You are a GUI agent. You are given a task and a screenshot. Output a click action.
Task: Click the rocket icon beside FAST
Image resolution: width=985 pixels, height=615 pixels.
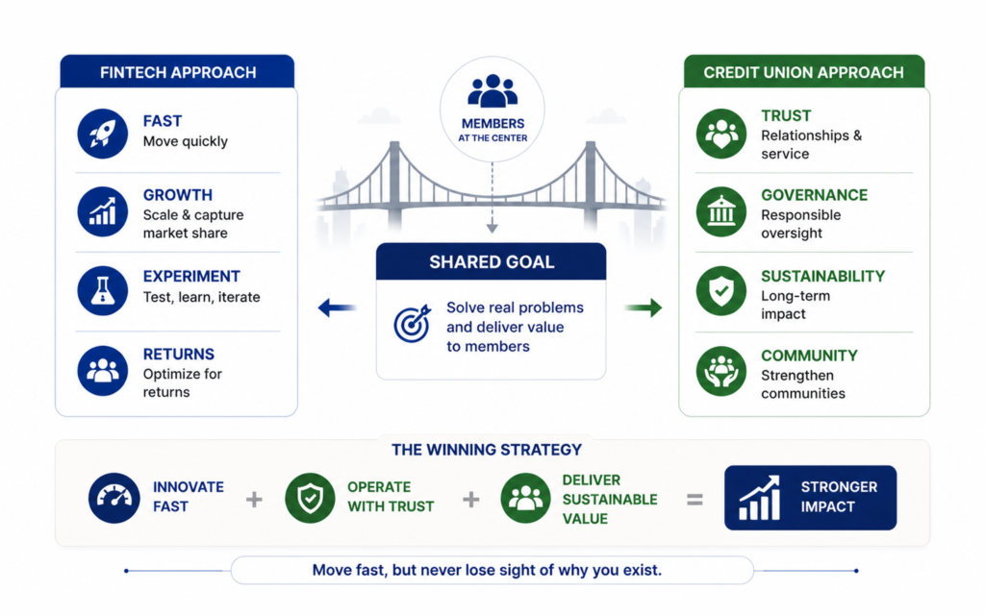[102, 133]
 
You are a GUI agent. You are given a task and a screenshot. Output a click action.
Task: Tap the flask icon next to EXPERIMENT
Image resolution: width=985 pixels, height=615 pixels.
[102, 290]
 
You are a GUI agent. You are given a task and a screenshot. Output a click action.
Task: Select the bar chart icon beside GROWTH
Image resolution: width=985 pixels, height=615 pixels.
[102, 211]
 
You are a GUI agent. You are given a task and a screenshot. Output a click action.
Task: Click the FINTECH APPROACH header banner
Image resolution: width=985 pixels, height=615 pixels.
[177, 71]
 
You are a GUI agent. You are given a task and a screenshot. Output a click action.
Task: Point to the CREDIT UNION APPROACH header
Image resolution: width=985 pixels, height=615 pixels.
[803, 71]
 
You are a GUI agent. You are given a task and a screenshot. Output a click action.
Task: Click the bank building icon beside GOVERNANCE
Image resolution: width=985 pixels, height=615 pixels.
[721, 211]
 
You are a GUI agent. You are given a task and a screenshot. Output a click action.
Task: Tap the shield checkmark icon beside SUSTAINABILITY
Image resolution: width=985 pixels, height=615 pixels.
[721, 290]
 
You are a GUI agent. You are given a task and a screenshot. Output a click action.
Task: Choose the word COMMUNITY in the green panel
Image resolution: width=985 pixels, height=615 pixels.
[809, 356]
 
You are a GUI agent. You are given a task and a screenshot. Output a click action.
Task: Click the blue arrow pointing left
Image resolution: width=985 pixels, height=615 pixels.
[338, 307]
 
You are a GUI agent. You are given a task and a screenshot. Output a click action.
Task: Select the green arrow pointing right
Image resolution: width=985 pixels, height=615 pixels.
[644, 307]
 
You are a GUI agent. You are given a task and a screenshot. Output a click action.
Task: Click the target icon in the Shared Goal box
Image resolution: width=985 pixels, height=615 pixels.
[412, 324]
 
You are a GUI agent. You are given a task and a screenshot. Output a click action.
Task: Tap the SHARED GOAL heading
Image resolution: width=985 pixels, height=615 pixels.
[492, 261]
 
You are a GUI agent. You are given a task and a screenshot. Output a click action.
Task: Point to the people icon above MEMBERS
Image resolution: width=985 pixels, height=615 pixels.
[492, 91]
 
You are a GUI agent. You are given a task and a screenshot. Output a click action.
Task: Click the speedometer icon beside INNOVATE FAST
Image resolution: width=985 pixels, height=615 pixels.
[114, 499]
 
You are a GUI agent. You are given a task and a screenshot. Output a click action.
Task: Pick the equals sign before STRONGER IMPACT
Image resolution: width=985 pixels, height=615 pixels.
[695, 500]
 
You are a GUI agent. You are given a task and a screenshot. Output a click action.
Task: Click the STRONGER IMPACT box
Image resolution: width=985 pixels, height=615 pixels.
[810, 498]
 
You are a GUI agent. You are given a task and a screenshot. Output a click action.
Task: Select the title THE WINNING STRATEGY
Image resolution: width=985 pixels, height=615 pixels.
[487, 450]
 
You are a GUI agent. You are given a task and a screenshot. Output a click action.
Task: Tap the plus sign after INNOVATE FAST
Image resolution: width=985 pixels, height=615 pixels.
[254, 500]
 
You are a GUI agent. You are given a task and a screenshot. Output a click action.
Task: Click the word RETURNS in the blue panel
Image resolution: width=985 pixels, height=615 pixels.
[178, 354]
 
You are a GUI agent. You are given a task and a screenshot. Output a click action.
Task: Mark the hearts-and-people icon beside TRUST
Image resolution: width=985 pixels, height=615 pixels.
[721, 133]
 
